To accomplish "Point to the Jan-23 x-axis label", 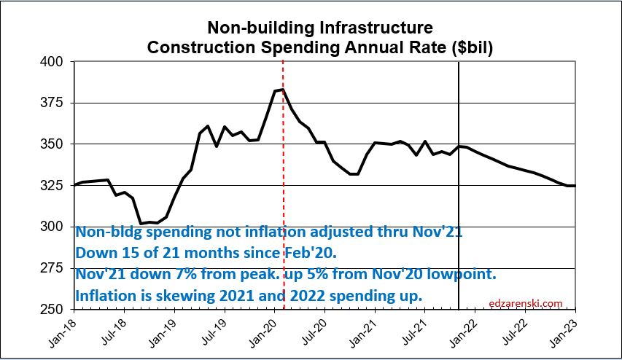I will click(x=574, y=332).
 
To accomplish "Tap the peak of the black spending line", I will click(x=281, y=90).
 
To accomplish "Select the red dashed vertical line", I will click(x=283, y=182).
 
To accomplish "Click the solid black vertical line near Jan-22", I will click(x=459, y=182).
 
